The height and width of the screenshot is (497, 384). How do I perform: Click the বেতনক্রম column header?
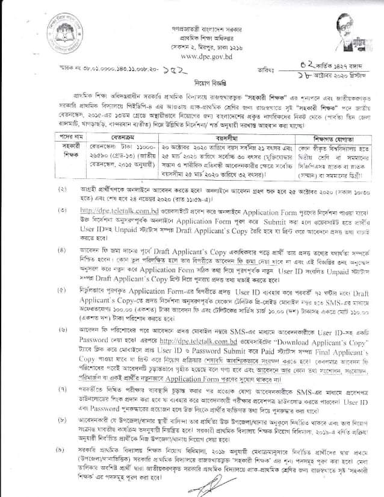pyautogui.click(x=114, y=139)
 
